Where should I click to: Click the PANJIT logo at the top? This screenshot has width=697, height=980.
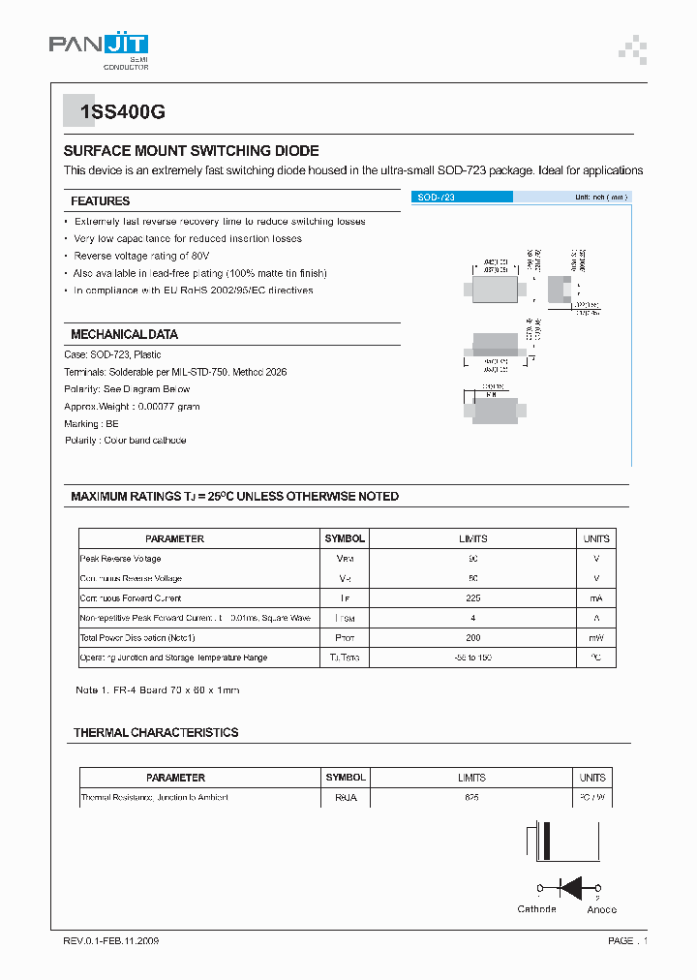[98, 48]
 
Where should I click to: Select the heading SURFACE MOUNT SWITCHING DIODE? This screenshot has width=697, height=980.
[191, 151]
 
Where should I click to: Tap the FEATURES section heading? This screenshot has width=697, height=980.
[100, 201]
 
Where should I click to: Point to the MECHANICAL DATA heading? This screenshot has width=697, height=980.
[124, 334]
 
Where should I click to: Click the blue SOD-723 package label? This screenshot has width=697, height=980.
[462, 197]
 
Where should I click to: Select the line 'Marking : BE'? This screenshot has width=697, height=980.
[92, 423]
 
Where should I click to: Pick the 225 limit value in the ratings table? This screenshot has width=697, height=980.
[472, 598]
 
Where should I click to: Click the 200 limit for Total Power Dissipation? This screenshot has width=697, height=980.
[472, 638]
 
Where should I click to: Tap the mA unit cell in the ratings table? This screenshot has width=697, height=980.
[595, 598]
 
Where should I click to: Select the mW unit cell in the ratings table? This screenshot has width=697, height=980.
[595, 638]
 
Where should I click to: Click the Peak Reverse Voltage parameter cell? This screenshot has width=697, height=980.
[121, 559]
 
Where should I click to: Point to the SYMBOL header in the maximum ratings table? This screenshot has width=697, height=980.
[345, 538]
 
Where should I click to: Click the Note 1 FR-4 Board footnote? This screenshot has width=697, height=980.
[157, 690]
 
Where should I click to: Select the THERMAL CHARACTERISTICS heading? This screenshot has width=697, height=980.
[156, 733]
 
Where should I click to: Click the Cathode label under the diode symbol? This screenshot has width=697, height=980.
[537, 909]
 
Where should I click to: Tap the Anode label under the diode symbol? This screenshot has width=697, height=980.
[601, 909]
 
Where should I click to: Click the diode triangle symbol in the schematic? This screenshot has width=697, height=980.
[571, 886]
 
